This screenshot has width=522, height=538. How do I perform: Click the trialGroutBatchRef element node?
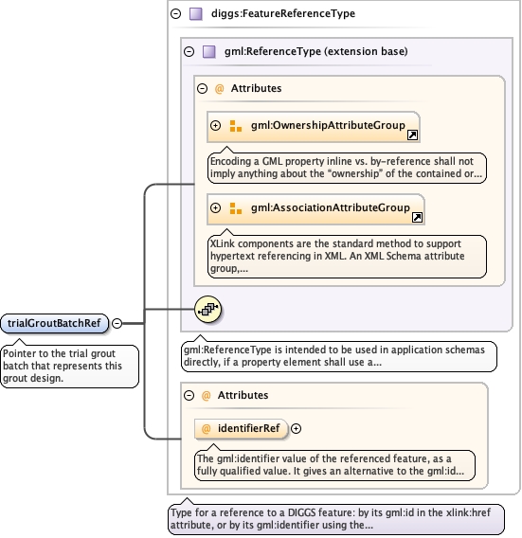(x=55, y=323)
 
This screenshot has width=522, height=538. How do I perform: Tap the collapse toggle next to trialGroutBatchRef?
(x=117, y=323)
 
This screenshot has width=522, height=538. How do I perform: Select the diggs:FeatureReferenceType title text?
(x=283, y=13)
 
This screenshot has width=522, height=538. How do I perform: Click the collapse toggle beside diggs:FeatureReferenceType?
(x=175, y=13)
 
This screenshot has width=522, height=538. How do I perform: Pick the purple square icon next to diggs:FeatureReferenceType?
(x=196, y=14)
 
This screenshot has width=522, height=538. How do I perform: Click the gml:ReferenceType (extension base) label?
(x=316, y=51)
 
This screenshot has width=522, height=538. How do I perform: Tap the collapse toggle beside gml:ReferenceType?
(x=189, y=52)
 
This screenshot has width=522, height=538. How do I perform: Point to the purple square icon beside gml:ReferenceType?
(x=209, y=52)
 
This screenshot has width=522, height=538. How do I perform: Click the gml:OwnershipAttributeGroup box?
(x=314, y=127)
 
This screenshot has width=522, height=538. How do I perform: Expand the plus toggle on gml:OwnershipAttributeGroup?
(x=216, y=126)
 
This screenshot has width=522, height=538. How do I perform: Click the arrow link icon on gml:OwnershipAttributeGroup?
(x=412, y=134)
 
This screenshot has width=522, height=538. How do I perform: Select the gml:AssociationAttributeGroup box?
(x=315, y=209)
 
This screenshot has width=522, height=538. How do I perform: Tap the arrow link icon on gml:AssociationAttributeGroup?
(x=418, y=217)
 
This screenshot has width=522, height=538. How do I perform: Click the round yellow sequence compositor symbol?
(x=208, y=309)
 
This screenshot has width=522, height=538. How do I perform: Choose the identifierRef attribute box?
(x=241, y=428)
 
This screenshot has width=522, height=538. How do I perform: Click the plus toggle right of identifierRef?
(x=296, y=428)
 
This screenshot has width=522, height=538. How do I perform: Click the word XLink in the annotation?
(x=223, y=243)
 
